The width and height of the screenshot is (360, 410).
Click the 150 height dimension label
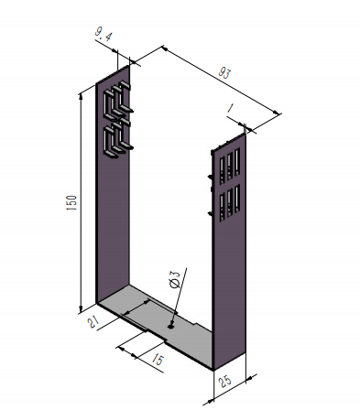pos(71,202)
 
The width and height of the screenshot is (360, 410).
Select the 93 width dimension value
pos(224,73)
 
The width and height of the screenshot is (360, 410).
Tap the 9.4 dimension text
pos(104,34)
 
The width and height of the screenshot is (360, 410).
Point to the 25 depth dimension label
pos(225,381)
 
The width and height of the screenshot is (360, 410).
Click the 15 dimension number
pos(158,360)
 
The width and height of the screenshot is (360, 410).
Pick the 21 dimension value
pos(93,321)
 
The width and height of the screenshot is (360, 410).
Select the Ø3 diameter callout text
pos(175,278)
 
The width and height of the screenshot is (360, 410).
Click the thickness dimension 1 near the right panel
pos(231,108)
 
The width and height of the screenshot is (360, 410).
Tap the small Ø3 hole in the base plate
pos(170,327)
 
